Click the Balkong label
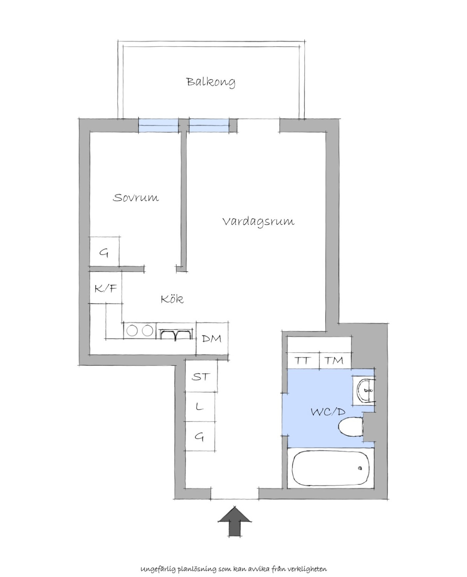211,82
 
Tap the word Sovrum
135,198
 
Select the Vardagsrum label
258,222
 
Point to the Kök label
172,299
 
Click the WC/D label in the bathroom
328,412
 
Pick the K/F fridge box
105,288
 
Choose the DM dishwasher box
212,338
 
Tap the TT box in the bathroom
303,360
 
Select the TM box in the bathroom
335,360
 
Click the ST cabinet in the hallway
201,376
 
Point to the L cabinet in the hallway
200,407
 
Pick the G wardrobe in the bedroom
104,252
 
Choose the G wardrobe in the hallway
200,436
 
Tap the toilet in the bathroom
351,427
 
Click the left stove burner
132,330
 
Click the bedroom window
158,125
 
